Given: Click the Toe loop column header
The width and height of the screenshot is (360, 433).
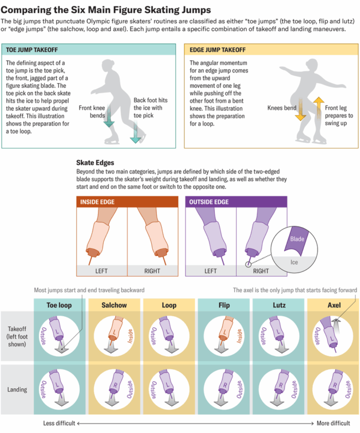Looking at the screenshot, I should pyautogui.click(x=60, y=305).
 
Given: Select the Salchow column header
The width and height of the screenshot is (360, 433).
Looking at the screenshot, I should pyautogui.click(x=114, y=305).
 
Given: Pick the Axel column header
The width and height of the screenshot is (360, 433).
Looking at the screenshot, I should pyautogui.click(x=333, y=305).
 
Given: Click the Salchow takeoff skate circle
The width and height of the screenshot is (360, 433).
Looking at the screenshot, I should pyautogui.click(x=114, y=334).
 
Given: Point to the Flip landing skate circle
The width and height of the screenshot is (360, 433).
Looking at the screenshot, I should pyautogui.click(x=224, y=389).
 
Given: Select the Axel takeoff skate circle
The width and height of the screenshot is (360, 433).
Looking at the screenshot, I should pyautogui.click(x=333, y=334).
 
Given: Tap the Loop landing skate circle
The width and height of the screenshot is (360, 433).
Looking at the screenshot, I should pyautogui.click(x=169, y=389).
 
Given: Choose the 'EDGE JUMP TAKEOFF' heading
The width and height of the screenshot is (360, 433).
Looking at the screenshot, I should pyautogui.click(x=218, y=50).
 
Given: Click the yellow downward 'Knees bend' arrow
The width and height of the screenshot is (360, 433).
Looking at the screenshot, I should pyautogui.click(x=301, y=110).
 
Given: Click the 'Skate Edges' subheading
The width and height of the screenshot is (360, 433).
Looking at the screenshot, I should pyautogui.click(x=95, y=163).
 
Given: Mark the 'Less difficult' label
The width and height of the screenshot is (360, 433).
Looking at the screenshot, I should pyautogui.click(x=60, y=424).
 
